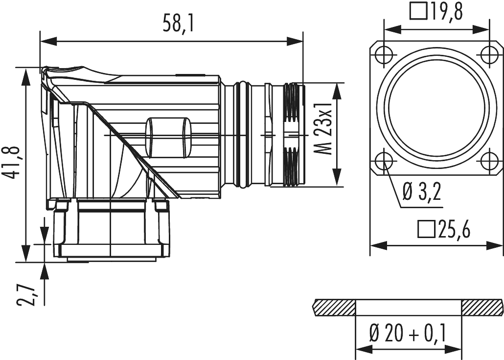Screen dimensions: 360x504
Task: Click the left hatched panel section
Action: [333, 308]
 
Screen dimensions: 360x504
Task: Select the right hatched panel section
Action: [481, 308]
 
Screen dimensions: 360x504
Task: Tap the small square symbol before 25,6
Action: [425, 230]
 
